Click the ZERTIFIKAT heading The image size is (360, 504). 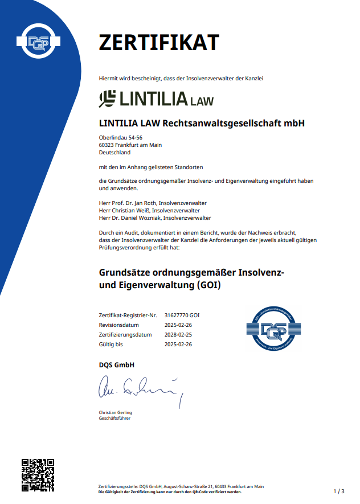158,43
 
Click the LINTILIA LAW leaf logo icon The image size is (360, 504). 107,99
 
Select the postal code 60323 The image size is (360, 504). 107,145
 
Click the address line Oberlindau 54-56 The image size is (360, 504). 120,138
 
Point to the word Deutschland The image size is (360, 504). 114,153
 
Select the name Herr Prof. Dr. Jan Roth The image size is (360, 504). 127,203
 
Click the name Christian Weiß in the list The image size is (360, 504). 130,211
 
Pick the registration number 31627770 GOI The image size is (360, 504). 182,315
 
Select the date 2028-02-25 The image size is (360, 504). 178,335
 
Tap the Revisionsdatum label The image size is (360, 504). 118,325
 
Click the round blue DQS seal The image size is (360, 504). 273,330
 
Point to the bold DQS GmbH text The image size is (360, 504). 116,365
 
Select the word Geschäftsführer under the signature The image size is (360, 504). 114,419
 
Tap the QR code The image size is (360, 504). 38,475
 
